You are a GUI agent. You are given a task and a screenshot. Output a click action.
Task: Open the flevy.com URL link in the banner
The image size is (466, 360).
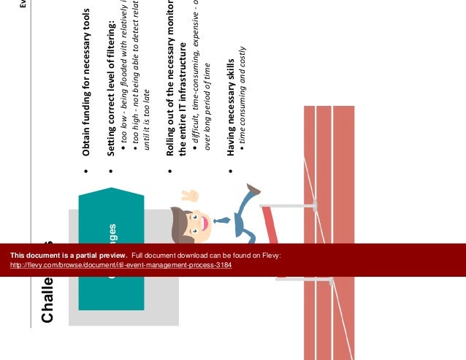click(121, 265)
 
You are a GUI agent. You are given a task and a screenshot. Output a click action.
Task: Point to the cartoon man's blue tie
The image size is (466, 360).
click(221, 220)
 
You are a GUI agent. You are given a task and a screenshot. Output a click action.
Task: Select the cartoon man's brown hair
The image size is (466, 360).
click(177, 219)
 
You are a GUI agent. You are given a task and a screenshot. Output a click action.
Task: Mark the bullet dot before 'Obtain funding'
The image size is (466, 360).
click(86, 172)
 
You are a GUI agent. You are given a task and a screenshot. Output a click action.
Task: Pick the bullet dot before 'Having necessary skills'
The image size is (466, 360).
click(231, 172)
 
